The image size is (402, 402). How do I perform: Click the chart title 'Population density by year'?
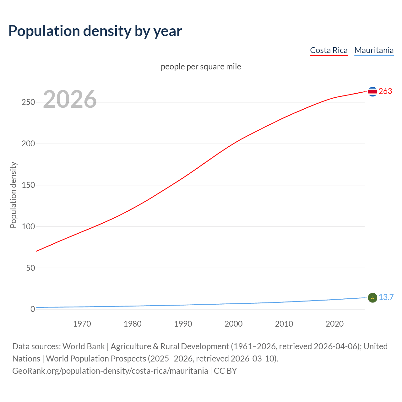tap(95, 31)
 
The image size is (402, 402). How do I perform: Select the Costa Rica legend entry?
tap(329, 50)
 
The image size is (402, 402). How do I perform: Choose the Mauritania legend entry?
tap(374, 50)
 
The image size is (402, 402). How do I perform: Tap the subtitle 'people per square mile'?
tap(201, 67)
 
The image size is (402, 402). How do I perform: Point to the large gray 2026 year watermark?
tap(70, 99)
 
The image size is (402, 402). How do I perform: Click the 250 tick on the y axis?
tap(28, 102)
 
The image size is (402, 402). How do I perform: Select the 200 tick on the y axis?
tap(28, 144)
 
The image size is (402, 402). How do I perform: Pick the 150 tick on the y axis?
tap(28, 185)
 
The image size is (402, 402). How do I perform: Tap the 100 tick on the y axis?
tap(28, 226)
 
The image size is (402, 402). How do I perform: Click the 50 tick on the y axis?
tap(30, 268)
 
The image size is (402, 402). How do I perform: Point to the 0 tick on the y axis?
tap(33, 309)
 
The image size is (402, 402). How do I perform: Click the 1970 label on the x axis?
tap(82, 324)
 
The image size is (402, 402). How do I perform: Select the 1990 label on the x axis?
tap(183, 324)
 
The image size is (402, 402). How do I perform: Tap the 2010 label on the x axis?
tap(284, 324)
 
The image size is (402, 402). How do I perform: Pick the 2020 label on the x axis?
tap(334, 324)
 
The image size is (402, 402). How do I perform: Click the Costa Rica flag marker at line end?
tap(372, 92)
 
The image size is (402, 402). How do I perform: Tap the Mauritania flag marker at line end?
tap(372, 298)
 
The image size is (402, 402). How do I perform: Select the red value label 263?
tap(385, 91)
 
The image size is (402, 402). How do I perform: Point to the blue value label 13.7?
tap(386, 297)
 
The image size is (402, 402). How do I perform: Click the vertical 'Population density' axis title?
tap(13, 195)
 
